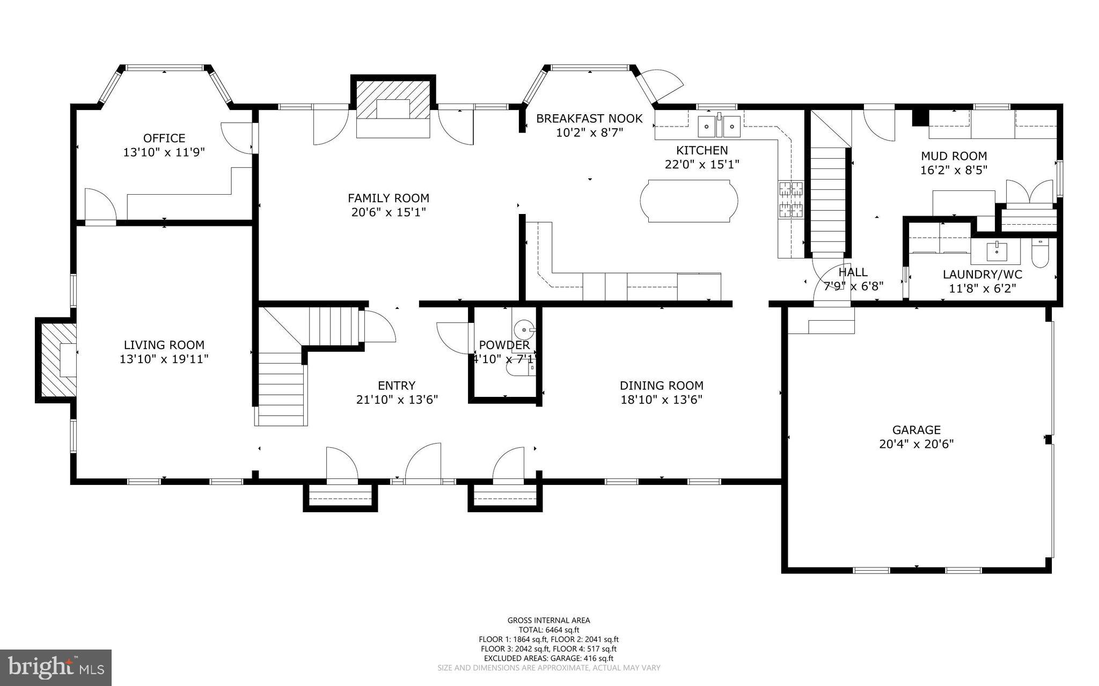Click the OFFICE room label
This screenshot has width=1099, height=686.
(164, 138)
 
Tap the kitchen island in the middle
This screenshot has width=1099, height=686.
(688, 201)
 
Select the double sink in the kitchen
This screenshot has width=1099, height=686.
(718, 127)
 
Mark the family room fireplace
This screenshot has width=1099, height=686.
(393, 107)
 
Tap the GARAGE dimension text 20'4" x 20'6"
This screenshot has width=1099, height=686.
(916, 444)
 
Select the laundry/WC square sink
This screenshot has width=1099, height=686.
(997, 250)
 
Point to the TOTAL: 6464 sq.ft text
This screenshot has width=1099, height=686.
(548, 630)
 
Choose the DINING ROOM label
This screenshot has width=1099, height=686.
(661, 385)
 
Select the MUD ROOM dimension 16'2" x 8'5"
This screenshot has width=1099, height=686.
(954, 169)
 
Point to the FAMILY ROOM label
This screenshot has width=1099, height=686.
(389, 198)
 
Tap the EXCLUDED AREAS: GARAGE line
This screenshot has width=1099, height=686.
(548, 658)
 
